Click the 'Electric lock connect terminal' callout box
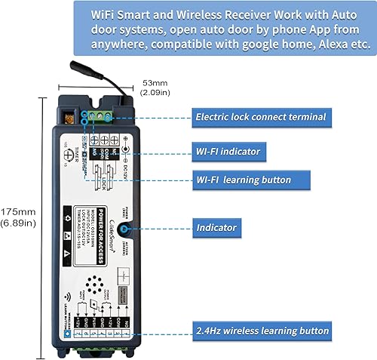tap(260, 117)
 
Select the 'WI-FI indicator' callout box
tap(227, 152)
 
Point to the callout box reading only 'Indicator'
tap(216, 226)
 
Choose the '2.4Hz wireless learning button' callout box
tap(262, 331)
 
